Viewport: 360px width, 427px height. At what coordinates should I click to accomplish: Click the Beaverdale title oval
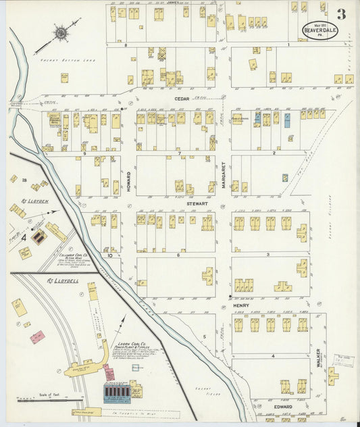(319, 30)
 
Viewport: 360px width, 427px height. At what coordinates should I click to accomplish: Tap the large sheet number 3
(342, 14)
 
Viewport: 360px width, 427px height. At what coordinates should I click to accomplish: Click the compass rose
(61, 32)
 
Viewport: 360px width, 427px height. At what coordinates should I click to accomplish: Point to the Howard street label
(128, 182)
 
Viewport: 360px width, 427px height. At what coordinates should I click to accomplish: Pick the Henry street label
(241, 305)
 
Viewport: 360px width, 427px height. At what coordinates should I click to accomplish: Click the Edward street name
(282, 407)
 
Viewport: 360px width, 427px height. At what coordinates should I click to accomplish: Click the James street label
(174, 3)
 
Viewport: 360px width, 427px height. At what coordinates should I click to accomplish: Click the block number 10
(108, 255)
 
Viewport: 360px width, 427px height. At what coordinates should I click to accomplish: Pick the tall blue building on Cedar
(288, 120)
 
